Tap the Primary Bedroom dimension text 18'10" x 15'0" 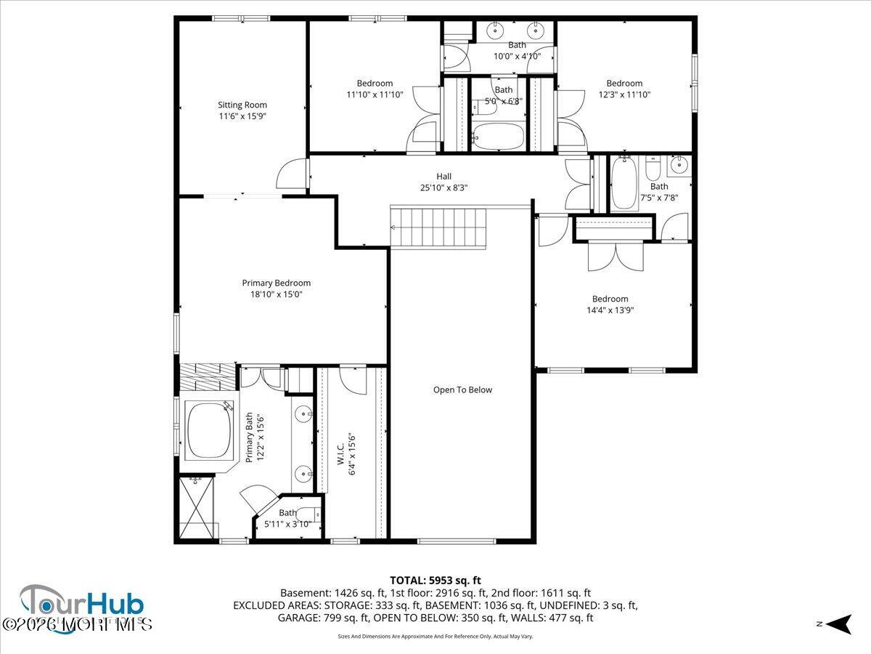coord(276,294)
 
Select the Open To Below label coord(462,390)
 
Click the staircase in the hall coord(438,227)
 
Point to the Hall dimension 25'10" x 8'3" coord(443,187)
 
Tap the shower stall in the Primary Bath coord(197,508)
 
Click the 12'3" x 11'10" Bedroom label coord(624,84)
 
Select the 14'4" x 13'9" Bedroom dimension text coord(610,310)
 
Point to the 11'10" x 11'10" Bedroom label coord(375,84)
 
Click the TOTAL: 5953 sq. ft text coord(435,580)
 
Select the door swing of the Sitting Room coord(293,174)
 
